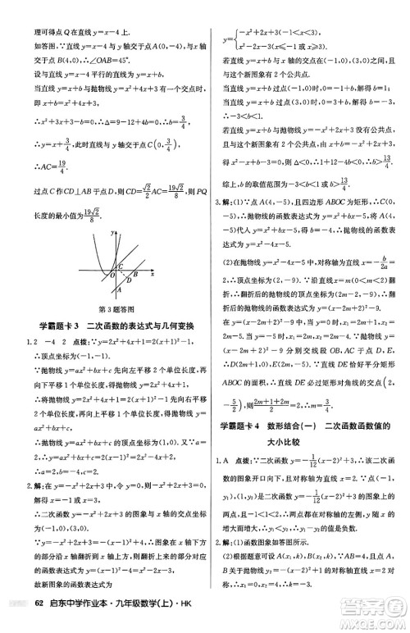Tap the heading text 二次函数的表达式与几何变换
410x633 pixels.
pos(144,326)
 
